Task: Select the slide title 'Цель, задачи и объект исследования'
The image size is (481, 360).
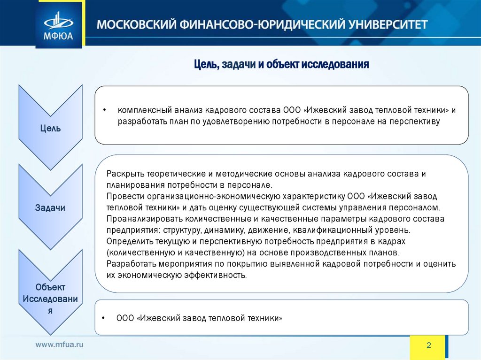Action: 282,64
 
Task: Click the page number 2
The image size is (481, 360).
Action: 428,345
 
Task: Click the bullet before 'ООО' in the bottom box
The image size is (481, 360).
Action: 103,318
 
